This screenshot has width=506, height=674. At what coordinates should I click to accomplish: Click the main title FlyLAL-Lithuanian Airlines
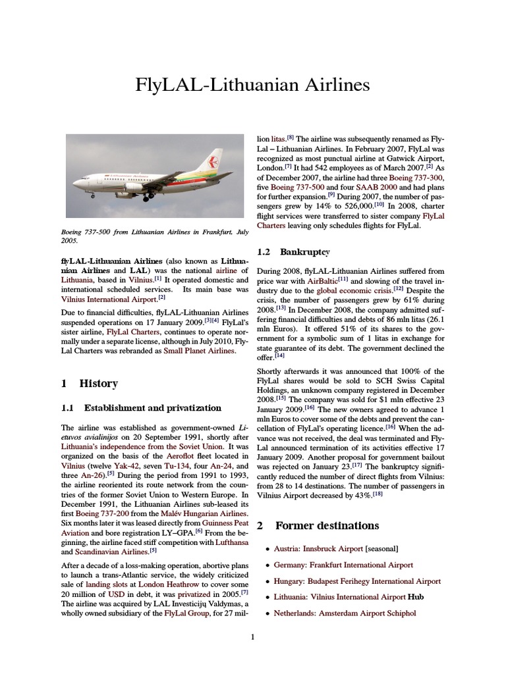tap(252, 86)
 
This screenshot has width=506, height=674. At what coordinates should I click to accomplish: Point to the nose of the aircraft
tap(76, 182)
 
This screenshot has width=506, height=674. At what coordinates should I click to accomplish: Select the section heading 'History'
tap(98, 383)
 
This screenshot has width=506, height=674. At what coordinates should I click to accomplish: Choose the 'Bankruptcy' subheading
tap(303, 251)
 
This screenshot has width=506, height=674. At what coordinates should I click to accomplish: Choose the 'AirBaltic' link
tap(318, 280)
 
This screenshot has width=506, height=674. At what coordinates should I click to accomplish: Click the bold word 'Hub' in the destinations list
tap(416, 597)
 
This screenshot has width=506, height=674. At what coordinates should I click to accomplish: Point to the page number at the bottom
tap(252, 636)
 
